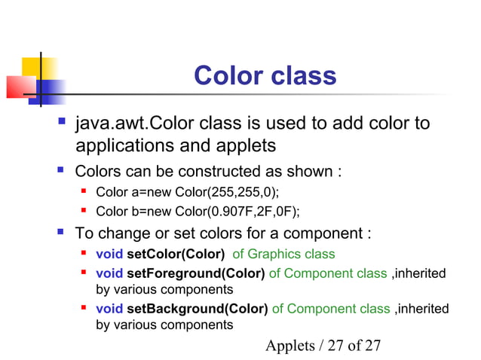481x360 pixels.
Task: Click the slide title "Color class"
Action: (265, 76)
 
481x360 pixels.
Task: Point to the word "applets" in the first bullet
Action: (239, 145)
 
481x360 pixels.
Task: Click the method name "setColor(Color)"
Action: (176, 255)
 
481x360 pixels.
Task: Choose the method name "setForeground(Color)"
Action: (195, 273)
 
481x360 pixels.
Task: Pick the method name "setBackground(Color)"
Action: (197, 309)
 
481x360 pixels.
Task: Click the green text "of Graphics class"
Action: (283, 255)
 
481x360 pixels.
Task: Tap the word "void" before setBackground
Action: (109, 309)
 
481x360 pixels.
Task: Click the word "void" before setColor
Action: (109, 255)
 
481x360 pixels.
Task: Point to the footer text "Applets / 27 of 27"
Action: (323, 345)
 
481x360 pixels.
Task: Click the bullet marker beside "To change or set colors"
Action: (60, 230)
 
